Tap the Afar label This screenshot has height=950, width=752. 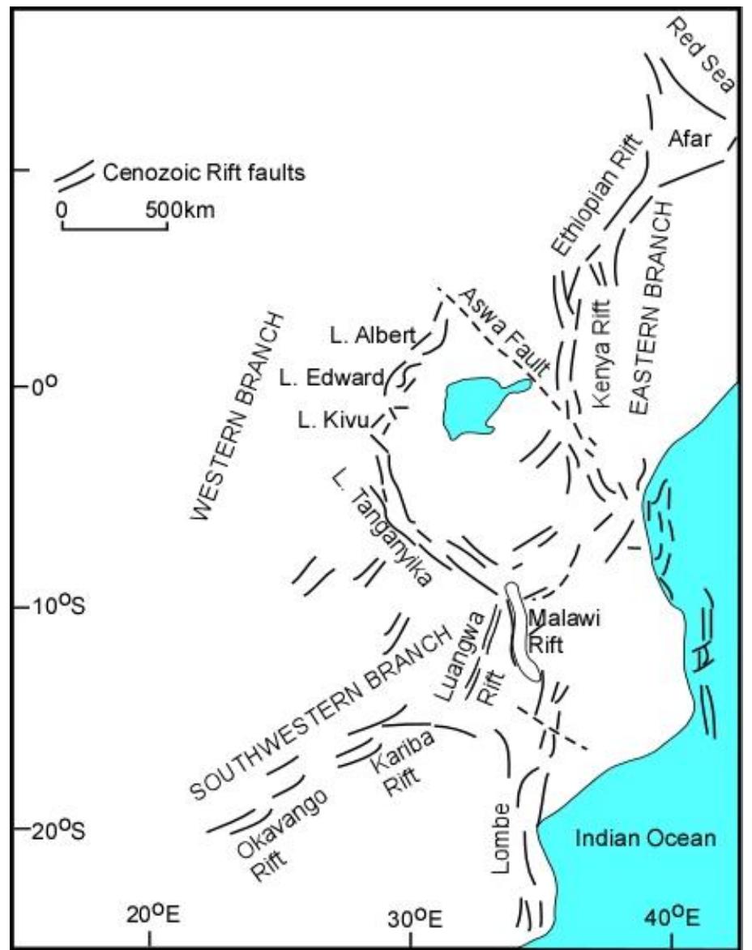click(690, 139)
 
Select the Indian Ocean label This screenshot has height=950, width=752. click(646, 839)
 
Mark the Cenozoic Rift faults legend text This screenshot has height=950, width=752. click(204, 173)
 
